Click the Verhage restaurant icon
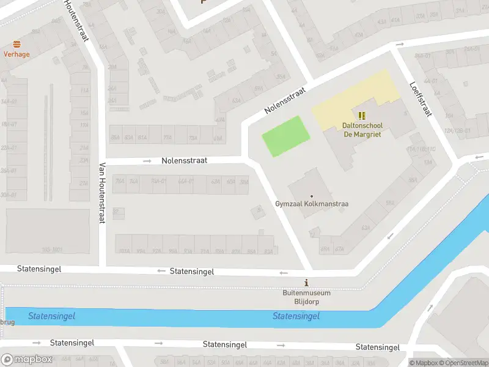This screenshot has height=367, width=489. (x=17, y=44)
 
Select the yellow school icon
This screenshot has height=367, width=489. (x=362, y=115)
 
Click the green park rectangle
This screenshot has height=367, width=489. (x=284, y=136)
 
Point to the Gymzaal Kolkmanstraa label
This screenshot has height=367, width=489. (x=311, y=204)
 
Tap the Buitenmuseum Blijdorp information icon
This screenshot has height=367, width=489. (x=306, y=283)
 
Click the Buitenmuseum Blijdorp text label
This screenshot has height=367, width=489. (x=306, y=297)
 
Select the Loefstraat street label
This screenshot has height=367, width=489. (x=421, y=100)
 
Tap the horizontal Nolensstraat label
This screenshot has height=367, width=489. (x=184, y=160)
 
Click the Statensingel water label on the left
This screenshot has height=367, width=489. (x=51, y=316)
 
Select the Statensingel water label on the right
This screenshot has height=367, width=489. (x=296, y=316)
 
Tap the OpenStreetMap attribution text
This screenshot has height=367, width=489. (x=463, y=363)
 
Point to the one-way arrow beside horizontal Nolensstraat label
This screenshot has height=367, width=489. (x=147, y=161)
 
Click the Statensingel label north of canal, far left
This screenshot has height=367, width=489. (x=39, y=269)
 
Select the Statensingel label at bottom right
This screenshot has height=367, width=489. (x=378, y=347)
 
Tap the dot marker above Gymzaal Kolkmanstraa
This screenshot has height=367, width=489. (x=311, y=196)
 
